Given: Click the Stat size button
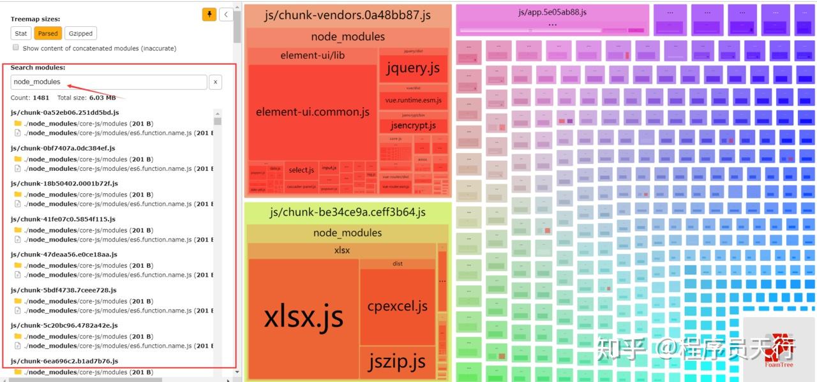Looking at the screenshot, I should (21, 34).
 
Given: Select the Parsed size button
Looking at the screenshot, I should (48, 34).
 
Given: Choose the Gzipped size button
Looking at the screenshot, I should (80, 34).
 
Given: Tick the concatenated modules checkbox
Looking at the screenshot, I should (16, 48).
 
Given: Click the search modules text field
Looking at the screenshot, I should (109, 82).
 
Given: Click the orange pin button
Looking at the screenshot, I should (209, 14).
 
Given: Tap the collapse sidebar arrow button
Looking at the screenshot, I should (226, 14).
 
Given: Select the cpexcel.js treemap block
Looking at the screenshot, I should (397, 306).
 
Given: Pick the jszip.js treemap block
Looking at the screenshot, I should (396, 362).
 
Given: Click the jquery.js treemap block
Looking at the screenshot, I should (413, 68).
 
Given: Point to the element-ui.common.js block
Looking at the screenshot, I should (312, 112).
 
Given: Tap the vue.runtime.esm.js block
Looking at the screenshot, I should (413, 101).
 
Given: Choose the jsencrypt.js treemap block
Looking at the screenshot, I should (413, 126).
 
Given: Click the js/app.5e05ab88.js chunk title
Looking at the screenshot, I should (552, 12).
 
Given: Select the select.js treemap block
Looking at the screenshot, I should (301, 170).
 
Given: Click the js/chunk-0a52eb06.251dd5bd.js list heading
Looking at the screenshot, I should (64, 112).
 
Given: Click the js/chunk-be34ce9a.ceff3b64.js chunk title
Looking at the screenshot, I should (348, 212).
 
